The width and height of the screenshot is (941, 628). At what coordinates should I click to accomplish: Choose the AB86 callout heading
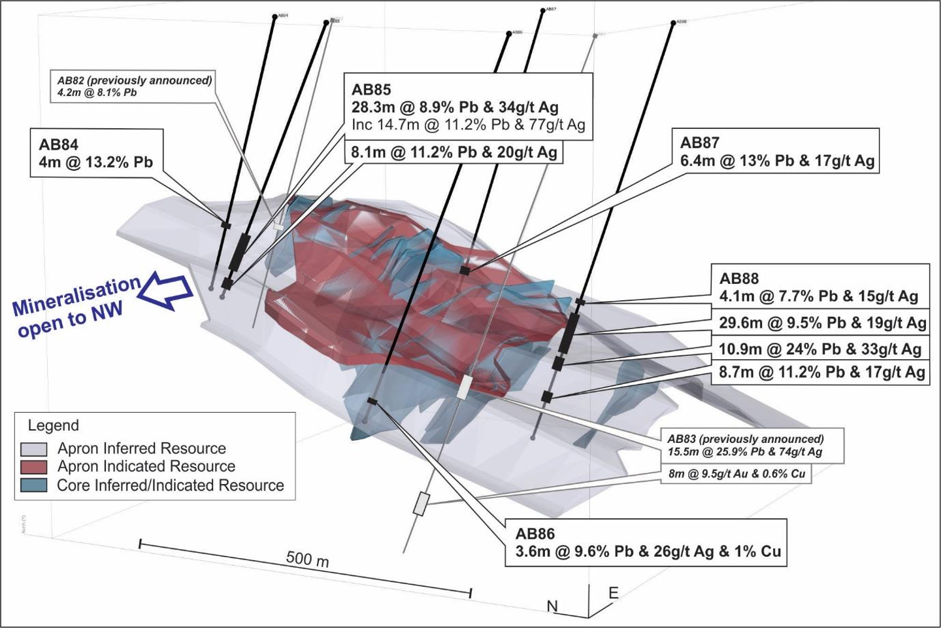[535, 534]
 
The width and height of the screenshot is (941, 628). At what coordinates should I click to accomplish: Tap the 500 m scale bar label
[307, 559]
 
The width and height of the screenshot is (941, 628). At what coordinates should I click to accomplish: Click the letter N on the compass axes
[553, 606]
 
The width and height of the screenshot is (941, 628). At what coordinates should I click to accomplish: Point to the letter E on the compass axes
[613, 593]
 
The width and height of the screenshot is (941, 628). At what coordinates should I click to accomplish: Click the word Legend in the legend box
[53, 426]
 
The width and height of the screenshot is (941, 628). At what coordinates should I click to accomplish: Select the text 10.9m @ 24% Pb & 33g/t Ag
[820, 349]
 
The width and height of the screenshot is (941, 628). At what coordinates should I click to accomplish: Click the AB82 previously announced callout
[135, 86]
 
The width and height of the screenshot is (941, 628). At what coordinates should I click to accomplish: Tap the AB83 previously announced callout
[745, 445]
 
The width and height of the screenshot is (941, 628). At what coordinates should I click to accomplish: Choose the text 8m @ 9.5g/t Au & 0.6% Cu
[736, 473]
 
